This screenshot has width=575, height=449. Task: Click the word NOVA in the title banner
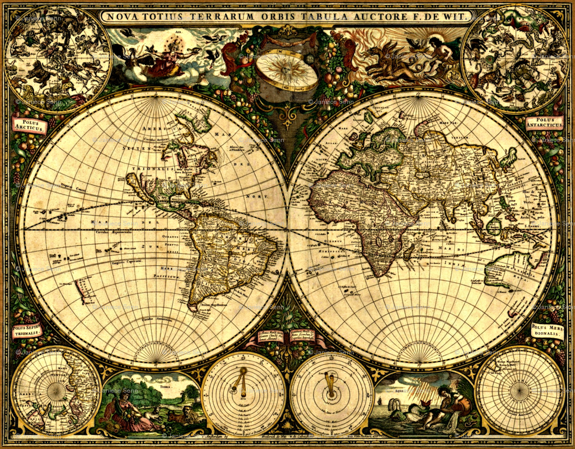(121, 16)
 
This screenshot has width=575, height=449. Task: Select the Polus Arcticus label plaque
(29, 125)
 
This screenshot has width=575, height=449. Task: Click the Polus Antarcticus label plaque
(547, 124)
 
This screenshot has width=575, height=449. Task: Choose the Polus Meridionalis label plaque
(547, 330)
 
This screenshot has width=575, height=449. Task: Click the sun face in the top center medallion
(287, 70)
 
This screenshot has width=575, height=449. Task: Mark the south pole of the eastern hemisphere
(422, 361)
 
